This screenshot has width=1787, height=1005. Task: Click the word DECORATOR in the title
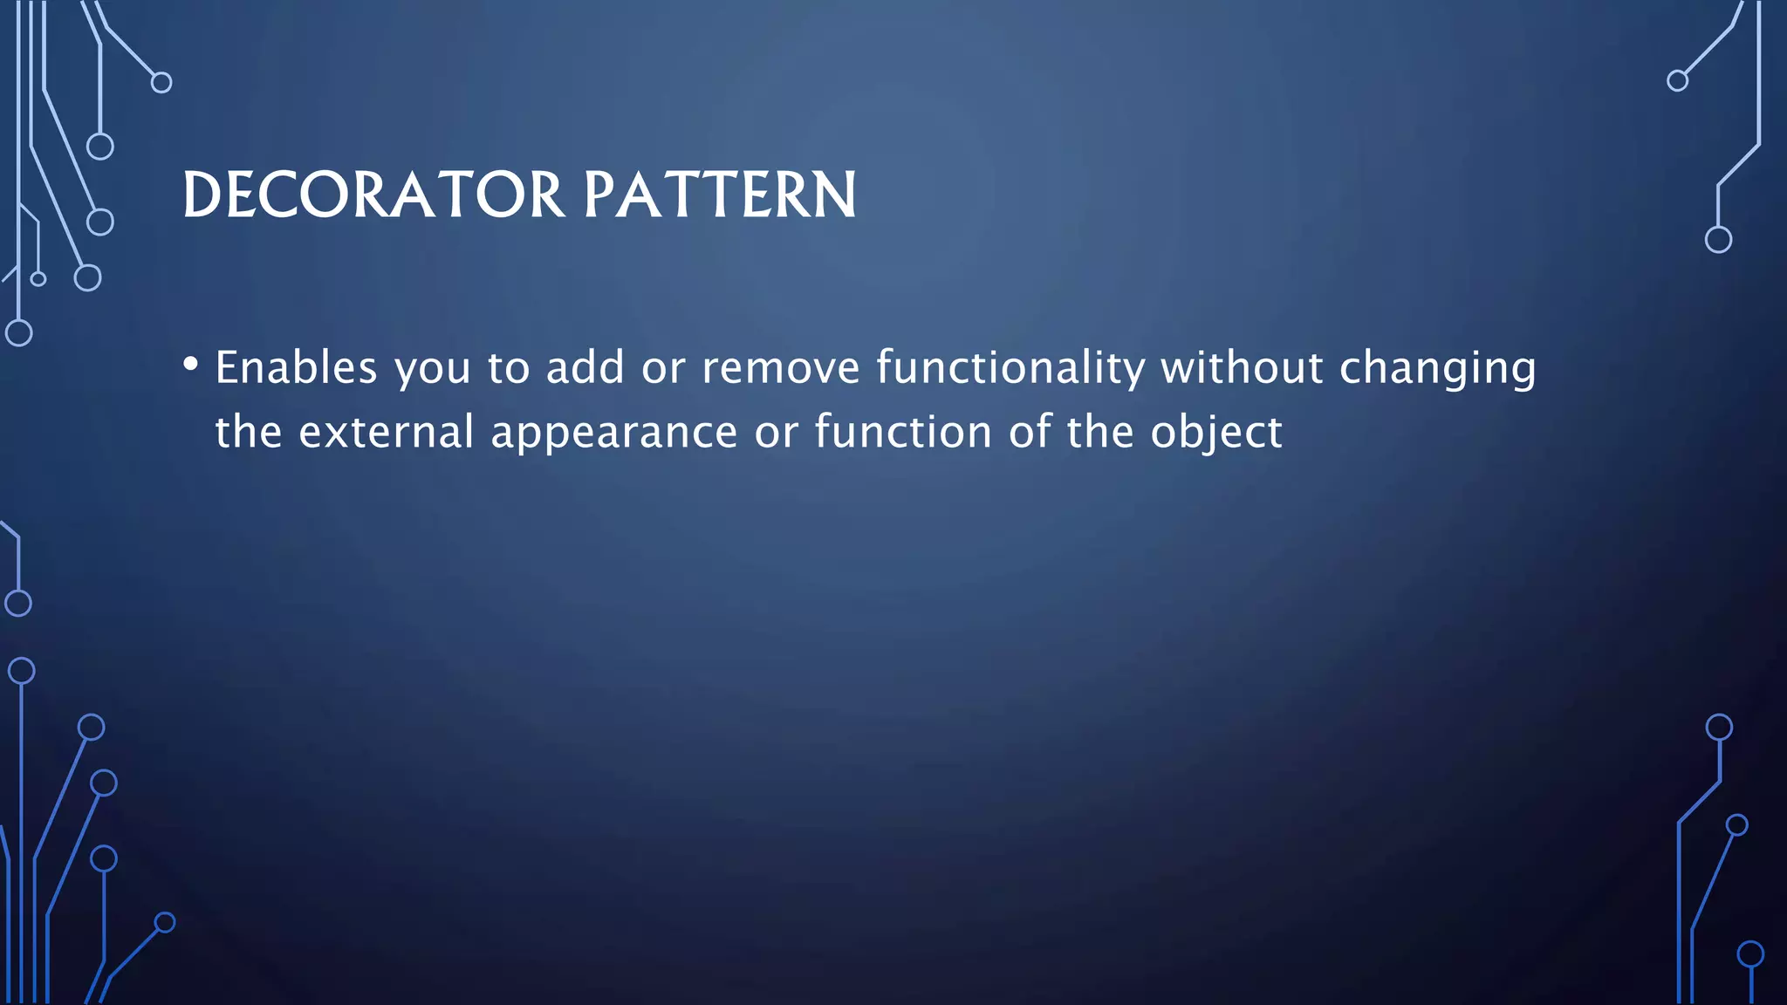374,195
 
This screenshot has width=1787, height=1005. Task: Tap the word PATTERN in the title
720,195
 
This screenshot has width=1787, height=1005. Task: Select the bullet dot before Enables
191,364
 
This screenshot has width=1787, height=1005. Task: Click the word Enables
296,367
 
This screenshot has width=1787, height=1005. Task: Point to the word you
432,370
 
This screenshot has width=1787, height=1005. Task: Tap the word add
585,367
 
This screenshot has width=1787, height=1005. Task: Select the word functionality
1010,367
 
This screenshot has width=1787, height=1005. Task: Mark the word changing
1437,370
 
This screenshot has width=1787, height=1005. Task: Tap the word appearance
614,434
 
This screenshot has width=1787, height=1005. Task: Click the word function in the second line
903,432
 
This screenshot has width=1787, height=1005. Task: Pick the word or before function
776,434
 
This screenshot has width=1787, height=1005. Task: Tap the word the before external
248,432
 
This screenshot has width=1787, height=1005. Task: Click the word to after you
509,368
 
